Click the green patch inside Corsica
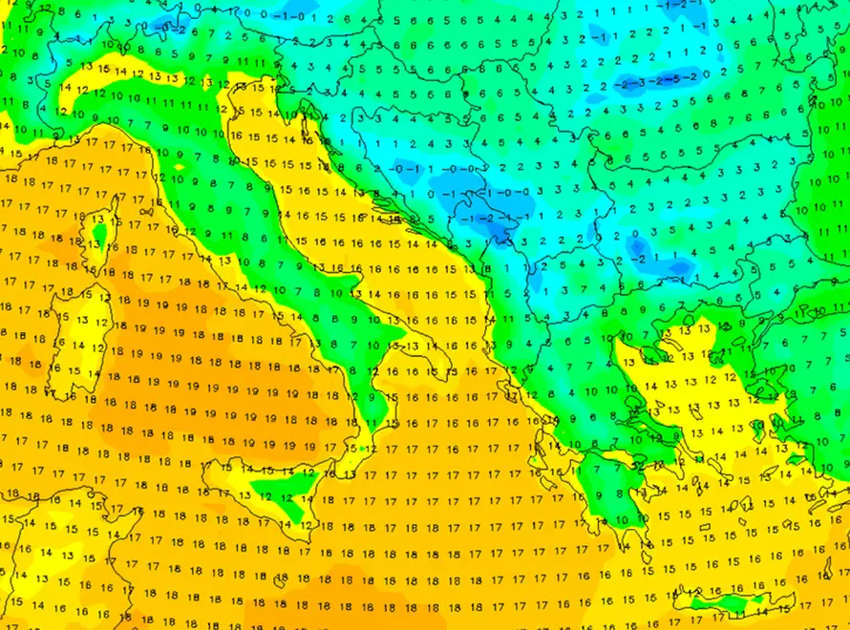point(99,232)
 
